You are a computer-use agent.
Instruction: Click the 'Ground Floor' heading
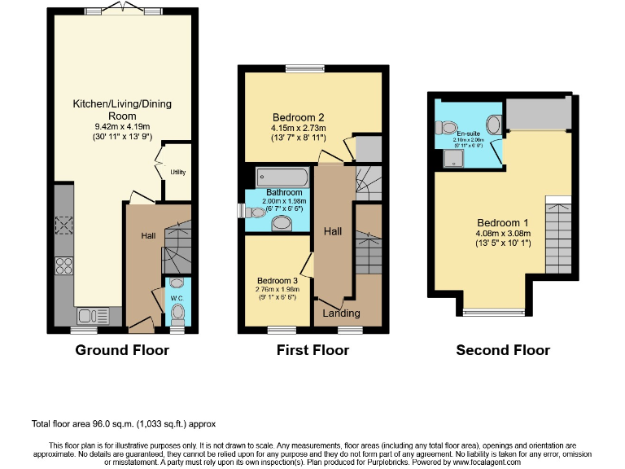pyautogui.click(x=122, y=350)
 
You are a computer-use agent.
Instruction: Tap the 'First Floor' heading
pyautogui.click(x=312, y=350)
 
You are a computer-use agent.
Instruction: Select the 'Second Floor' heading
pyautogui.click(x=503, y=350)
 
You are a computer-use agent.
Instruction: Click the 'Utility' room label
pyautogui.click(x=177, y=172)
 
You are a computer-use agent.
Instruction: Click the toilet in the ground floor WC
pyautogui.click(x=177, y=313)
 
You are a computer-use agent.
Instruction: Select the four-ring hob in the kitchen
pyautogui.click(x=64, y=265)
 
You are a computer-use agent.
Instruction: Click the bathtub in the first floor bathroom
pyautogui.click(x=282, y=178)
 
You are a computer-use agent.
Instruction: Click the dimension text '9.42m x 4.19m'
pyautogui.click(x=122, y=127)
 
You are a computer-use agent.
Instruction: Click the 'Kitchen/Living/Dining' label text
pyautogui.click(x=122, y=110)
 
